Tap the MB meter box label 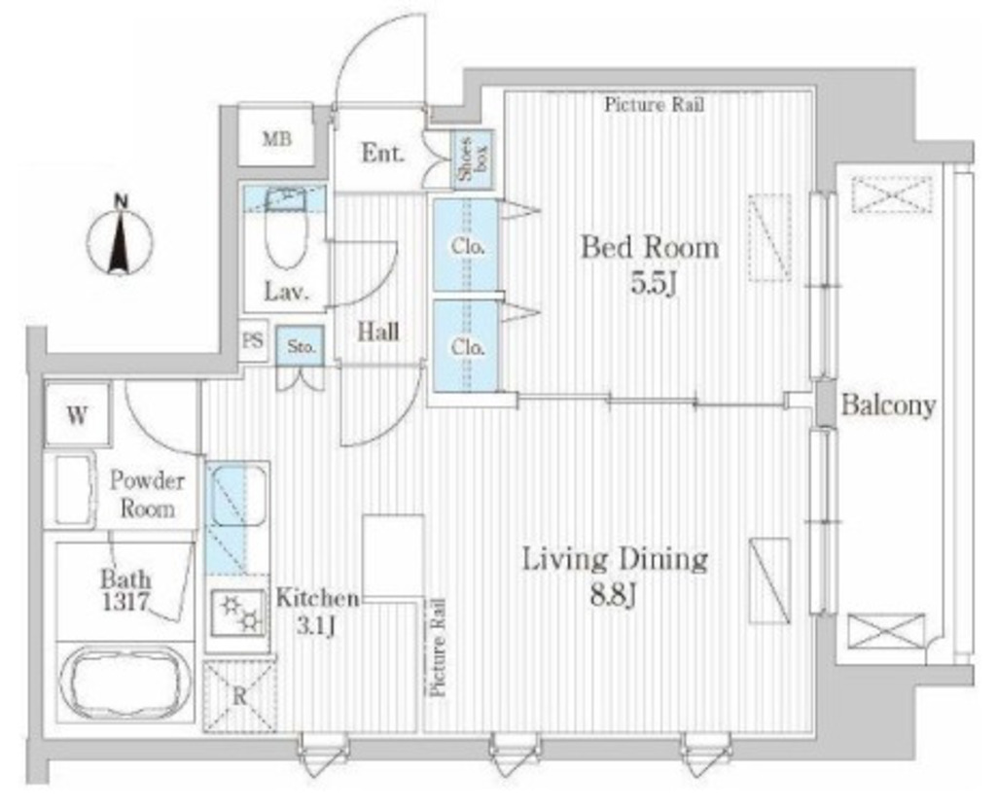[277, 138]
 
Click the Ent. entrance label [382, 153]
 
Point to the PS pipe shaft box [253, 340]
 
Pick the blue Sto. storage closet [301, 346]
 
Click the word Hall [378, 331]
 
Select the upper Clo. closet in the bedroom [466, 245]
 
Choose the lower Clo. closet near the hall [466, 346]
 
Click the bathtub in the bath [124, 683]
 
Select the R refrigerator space [239, 695]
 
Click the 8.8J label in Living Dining [614, 595]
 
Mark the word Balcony [888, 405]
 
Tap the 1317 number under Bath [125, 601]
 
